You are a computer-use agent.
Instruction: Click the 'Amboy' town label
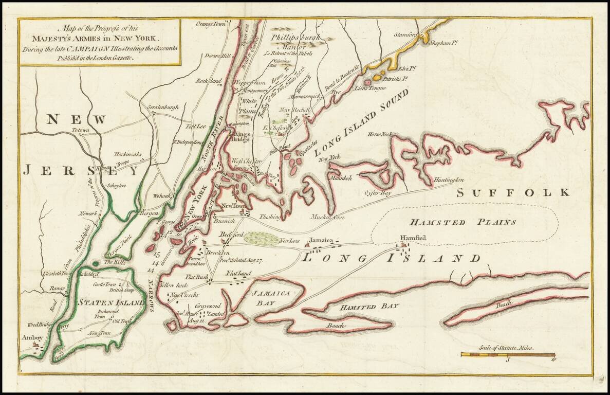click(29, 338)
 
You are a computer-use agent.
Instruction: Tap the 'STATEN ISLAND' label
click(111, 303)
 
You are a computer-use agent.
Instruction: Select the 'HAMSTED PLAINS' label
click(462, 222)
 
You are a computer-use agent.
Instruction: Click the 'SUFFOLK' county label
click(513, 193)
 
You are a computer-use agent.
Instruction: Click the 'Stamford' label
click(405, 35)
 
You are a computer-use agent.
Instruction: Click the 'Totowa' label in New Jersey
click(80, 131)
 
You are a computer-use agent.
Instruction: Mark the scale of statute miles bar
click(507, 354)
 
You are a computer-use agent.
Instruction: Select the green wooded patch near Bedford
click(260, 238)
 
